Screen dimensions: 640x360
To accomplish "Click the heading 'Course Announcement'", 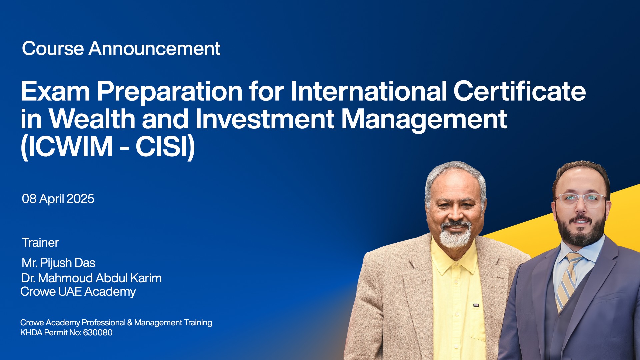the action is coord(121,49).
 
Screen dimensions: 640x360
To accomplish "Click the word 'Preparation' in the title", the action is coord(170,92).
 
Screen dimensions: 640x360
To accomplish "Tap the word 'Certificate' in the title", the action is coord(519,91).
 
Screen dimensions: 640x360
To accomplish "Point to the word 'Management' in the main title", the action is coord(424,120).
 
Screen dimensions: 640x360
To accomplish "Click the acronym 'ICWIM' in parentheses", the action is coord(70,147).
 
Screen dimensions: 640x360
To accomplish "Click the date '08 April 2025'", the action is coord(58,199).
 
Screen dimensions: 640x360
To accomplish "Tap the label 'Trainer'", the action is coord(40,243).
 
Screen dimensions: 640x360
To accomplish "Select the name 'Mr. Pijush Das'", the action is coord(59,263).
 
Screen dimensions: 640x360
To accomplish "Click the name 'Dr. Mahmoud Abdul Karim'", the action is coord(92,278).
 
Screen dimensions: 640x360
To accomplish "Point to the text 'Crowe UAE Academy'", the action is coord(78,292).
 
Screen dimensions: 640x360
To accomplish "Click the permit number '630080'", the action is coord(98,333).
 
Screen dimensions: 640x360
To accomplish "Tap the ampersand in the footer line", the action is coord(130,323).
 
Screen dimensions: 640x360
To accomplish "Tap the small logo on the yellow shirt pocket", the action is coord(476,305).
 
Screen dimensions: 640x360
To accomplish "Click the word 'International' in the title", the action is coord(369,91).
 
